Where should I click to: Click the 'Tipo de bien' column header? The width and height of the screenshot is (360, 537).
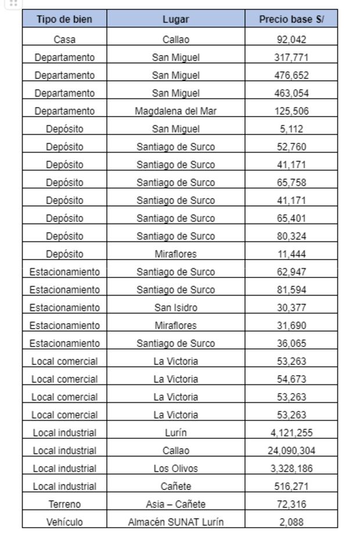click(x=64, y=19)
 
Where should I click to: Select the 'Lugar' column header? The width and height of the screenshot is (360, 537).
click(x=175, y=19)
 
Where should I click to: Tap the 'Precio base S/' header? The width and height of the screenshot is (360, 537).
click(x=291, y=19)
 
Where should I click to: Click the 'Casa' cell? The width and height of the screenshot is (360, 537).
click(x=64, y=40)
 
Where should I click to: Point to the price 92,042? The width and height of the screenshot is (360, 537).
click(x=291, y=40)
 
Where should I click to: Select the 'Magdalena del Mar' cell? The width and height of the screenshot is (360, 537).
click(x=175, y=111)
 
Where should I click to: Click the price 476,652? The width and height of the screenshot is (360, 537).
click(x=291, y=75)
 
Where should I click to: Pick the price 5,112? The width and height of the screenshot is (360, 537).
click(x=291, y=129)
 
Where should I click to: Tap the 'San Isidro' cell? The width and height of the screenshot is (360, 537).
click(x=175, y=308)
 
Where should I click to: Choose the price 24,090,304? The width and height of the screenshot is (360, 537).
click(x=291, y=450)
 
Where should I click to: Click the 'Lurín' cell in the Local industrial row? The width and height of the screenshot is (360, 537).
click(x=175, y=433)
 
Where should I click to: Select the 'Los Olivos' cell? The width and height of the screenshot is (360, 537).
click(x=175, y=468)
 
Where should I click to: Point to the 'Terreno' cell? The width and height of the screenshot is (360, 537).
click(x=64, y=504)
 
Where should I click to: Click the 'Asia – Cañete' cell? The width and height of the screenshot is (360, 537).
click(x=175, y=504)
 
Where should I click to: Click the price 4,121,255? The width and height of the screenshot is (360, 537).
click(x=291, y=433)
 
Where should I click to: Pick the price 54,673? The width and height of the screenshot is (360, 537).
click(x=291, y=379)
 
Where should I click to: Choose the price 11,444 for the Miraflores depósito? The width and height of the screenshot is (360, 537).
click(x=291, y=254)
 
